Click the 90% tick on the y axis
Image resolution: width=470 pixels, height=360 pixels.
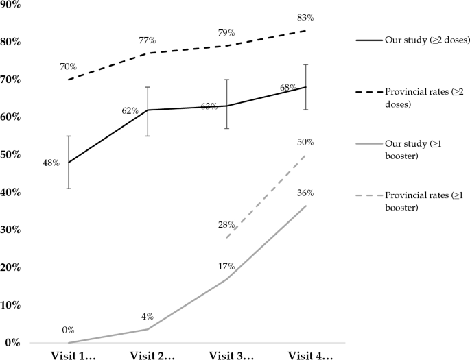(12, 5)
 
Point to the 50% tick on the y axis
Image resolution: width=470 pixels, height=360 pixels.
(12, 155)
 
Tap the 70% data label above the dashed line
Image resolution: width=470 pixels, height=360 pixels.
(68, 67)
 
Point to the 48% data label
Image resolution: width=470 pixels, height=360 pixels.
(51, 163)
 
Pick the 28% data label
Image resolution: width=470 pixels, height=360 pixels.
(227, 224)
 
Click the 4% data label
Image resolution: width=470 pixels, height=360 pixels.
(148, 316)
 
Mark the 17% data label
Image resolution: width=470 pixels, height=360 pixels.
(227, 266)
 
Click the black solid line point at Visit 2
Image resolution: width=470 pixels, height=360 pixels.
(148, 110)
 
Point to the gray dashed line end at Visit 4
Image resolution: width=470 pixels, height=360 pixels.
(306, 155)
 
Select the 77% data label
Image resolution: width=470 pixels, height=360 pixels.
(148, 40)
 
